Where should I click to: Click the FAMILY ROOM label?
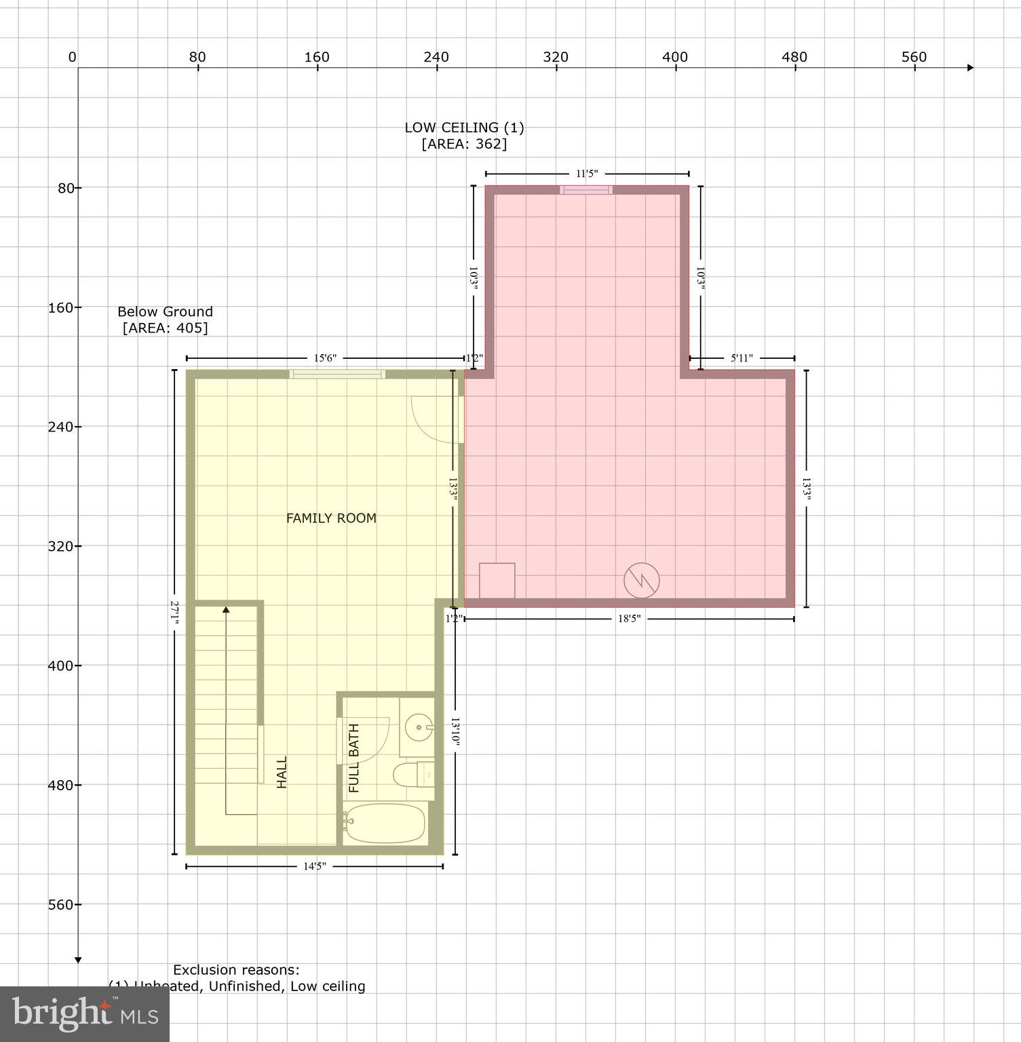(x=331, y=518)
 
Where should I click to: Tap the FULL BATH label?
(x=353, y=758)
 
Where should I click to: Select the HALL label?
(x=282, y=772)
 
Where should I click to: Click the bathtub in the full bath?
(x=385, y=824)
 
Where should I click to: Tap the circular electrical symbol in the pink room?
(x=641, y=580)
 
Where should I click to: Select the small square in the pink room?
(x=497, y=581)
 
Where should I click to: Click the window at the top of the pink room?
(x=586, y=190)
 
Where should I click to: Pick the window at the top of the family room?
(x=337, y=374)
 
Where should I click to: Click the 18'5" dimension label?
(x=629, y=619)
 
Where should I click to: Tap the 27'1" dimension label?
(x=174, y=612)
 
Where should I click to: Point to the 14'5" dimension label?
(x=315, y=866)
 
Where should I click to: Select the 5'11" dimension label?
(x=741, y=358)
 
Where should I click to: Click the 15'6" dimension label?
(x=325, y=358)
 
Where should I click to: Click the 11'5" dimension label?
(x=587, y=174)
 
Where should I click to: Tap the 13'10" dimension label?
(x=455, y=732)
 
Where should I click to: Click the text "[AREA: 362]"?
(x=464, y=144)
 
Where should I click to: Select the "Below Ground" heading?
(x=165, y=311)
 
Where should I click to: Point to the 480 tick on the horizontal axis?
(x=794, y=58)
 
